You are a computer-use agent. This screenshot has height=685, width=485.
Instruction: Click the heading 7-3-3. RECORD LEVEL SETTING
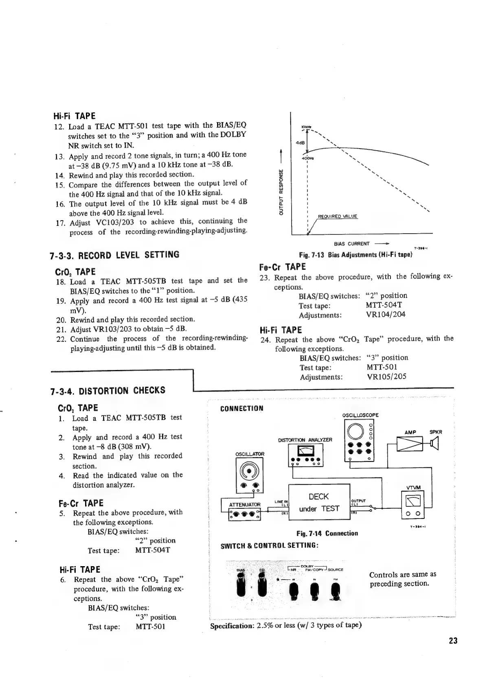coord(114,255)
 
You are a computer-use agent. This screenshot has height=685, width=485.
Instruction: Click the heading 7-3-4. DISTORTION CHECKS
coord(108,391)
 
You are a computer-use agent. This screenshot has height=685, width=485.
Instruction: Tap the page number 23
coord(453,640)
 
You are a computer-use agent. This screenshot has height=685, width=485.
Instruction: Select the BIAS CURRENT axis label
coord(351,244)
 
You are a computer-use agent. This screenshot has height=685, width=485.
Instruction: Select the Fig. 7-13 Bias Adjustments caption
coord(356,255)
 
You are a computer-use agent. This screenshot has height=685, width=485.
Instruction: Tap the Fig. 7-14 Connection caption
coord(327,533)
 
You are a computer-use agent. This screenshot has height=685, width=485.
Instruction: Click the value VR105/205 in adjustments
coord(386,376)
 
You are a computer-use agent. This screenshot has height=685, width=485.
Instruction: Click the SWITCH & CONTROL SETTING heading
coord(269,545)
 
